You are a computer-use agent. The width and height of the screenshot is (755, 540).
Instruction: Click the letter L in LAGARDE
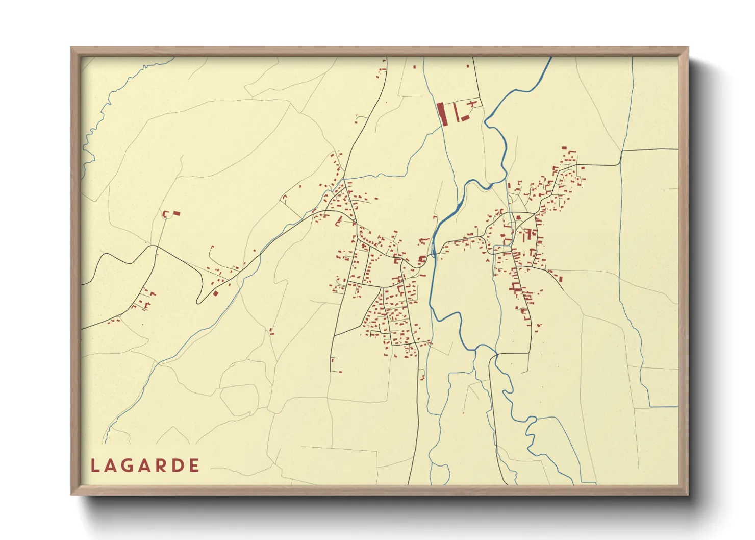click(95, 465)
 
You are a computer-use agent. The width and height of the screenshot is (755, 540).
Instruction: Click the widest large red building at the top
click(442, 113)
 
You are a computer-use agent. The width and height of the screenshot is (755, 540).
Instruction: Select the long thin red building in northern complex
click(455, 112)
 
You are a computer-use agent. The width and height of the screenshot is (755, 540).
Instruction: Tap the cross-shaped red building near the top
click(473, 104)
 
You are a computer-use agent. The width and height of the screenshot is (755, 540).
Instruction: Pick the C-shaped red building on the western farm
click(165, 214)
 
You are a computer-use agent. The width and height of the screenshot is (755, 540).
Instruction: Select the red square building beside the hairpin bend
click(216, 293)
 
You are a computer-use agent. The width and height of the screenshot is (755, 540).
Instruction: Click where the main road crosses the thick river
click(434, 252)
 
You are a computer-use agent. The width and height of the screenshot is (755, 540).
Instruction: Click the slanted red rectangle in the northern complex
click(465, 118)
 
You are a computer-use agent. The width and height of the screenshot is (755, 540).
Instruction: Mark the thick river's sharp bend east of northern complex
click(486, 122)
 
